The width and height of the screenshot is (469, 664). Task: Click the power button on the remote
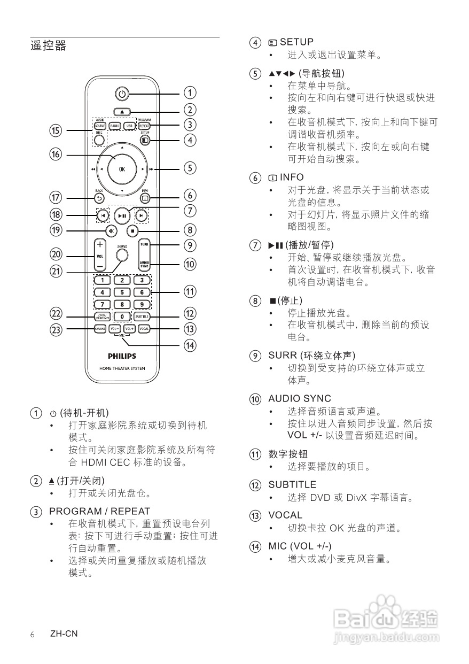122,94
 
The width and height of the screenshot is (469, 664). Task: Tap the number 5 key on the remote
122,292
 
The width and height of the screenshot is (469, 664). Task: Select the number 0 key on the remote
122,316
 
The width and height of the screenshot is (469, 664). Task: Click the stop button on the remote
133,231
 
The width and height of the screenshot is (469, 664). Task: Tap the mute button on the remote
112,231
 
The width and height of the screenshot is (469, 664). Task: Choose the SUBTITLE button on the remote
142,316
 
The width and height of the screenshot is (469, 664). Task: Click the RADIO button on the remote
115,126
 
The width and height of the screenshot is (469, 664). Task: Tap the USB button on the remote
129,126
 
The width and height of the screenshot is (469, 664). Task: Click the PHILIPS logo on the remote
122,356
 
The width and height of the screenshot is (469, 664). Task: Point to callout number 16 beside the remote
56,155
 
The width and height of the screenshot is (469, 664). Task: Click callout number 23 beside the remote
56,329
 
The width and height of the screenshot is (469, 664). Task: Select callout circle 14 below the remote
190,345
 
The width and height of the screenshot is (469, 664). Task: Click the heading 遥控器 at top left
49,45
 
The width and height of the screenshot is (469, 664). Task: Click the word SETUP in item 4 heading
296,42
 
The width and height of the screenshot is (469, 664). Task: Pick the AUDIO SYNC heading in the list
299,398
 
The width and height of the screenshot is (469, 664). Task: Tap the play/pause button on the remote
122,215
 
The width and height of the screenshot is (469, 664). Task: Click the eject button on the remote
122,112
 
